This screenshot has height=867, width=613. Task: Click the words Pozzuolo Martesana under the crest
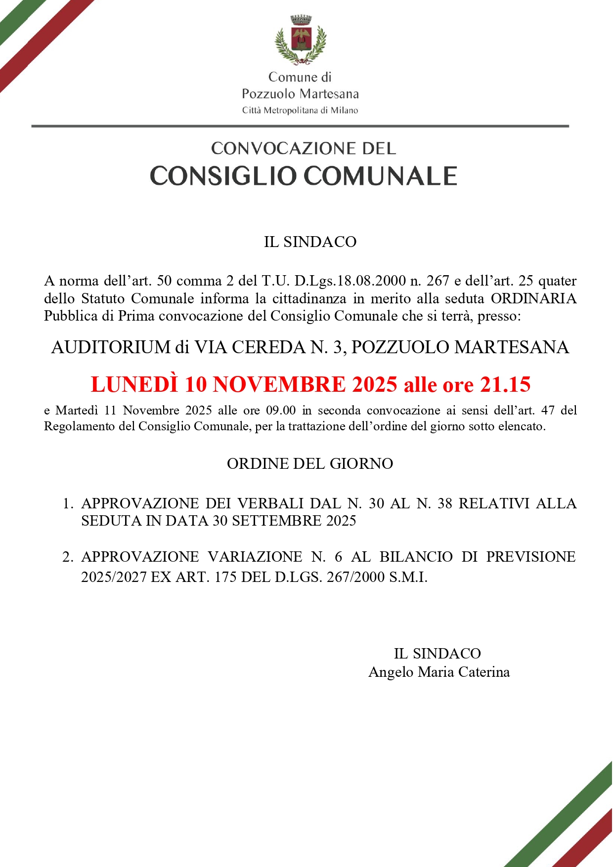tap(300, 94)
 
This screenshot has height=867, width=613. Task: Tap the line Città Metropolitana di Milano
tap(300, 111)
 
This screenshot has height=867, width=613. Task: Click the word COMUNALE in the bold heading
tap(380, 176)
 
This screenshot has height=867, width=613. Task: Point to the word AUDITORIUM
tap(111, 347)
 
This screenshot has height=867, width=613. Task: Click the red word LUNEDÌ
tap(134, 384)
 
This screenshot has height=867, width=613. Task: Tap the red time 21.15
tap(505, 384)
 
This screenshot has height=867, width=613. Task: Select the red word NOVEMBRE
tap(279, 384)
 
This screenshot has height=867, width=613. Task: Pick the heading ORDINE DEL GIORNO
tap(310, 464)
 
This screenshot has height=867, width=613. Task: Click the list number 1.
tap(67, 504)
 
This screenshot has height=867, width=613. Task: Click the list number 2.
tap(67, 557)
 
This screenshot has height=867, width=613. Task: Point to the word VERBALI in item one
tap(270, 503)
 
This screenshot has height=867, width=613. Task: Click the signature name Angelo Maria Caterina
tap(439, 672)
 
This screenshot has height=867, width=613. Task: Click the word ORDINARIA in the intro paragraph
tap(533, 298)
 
